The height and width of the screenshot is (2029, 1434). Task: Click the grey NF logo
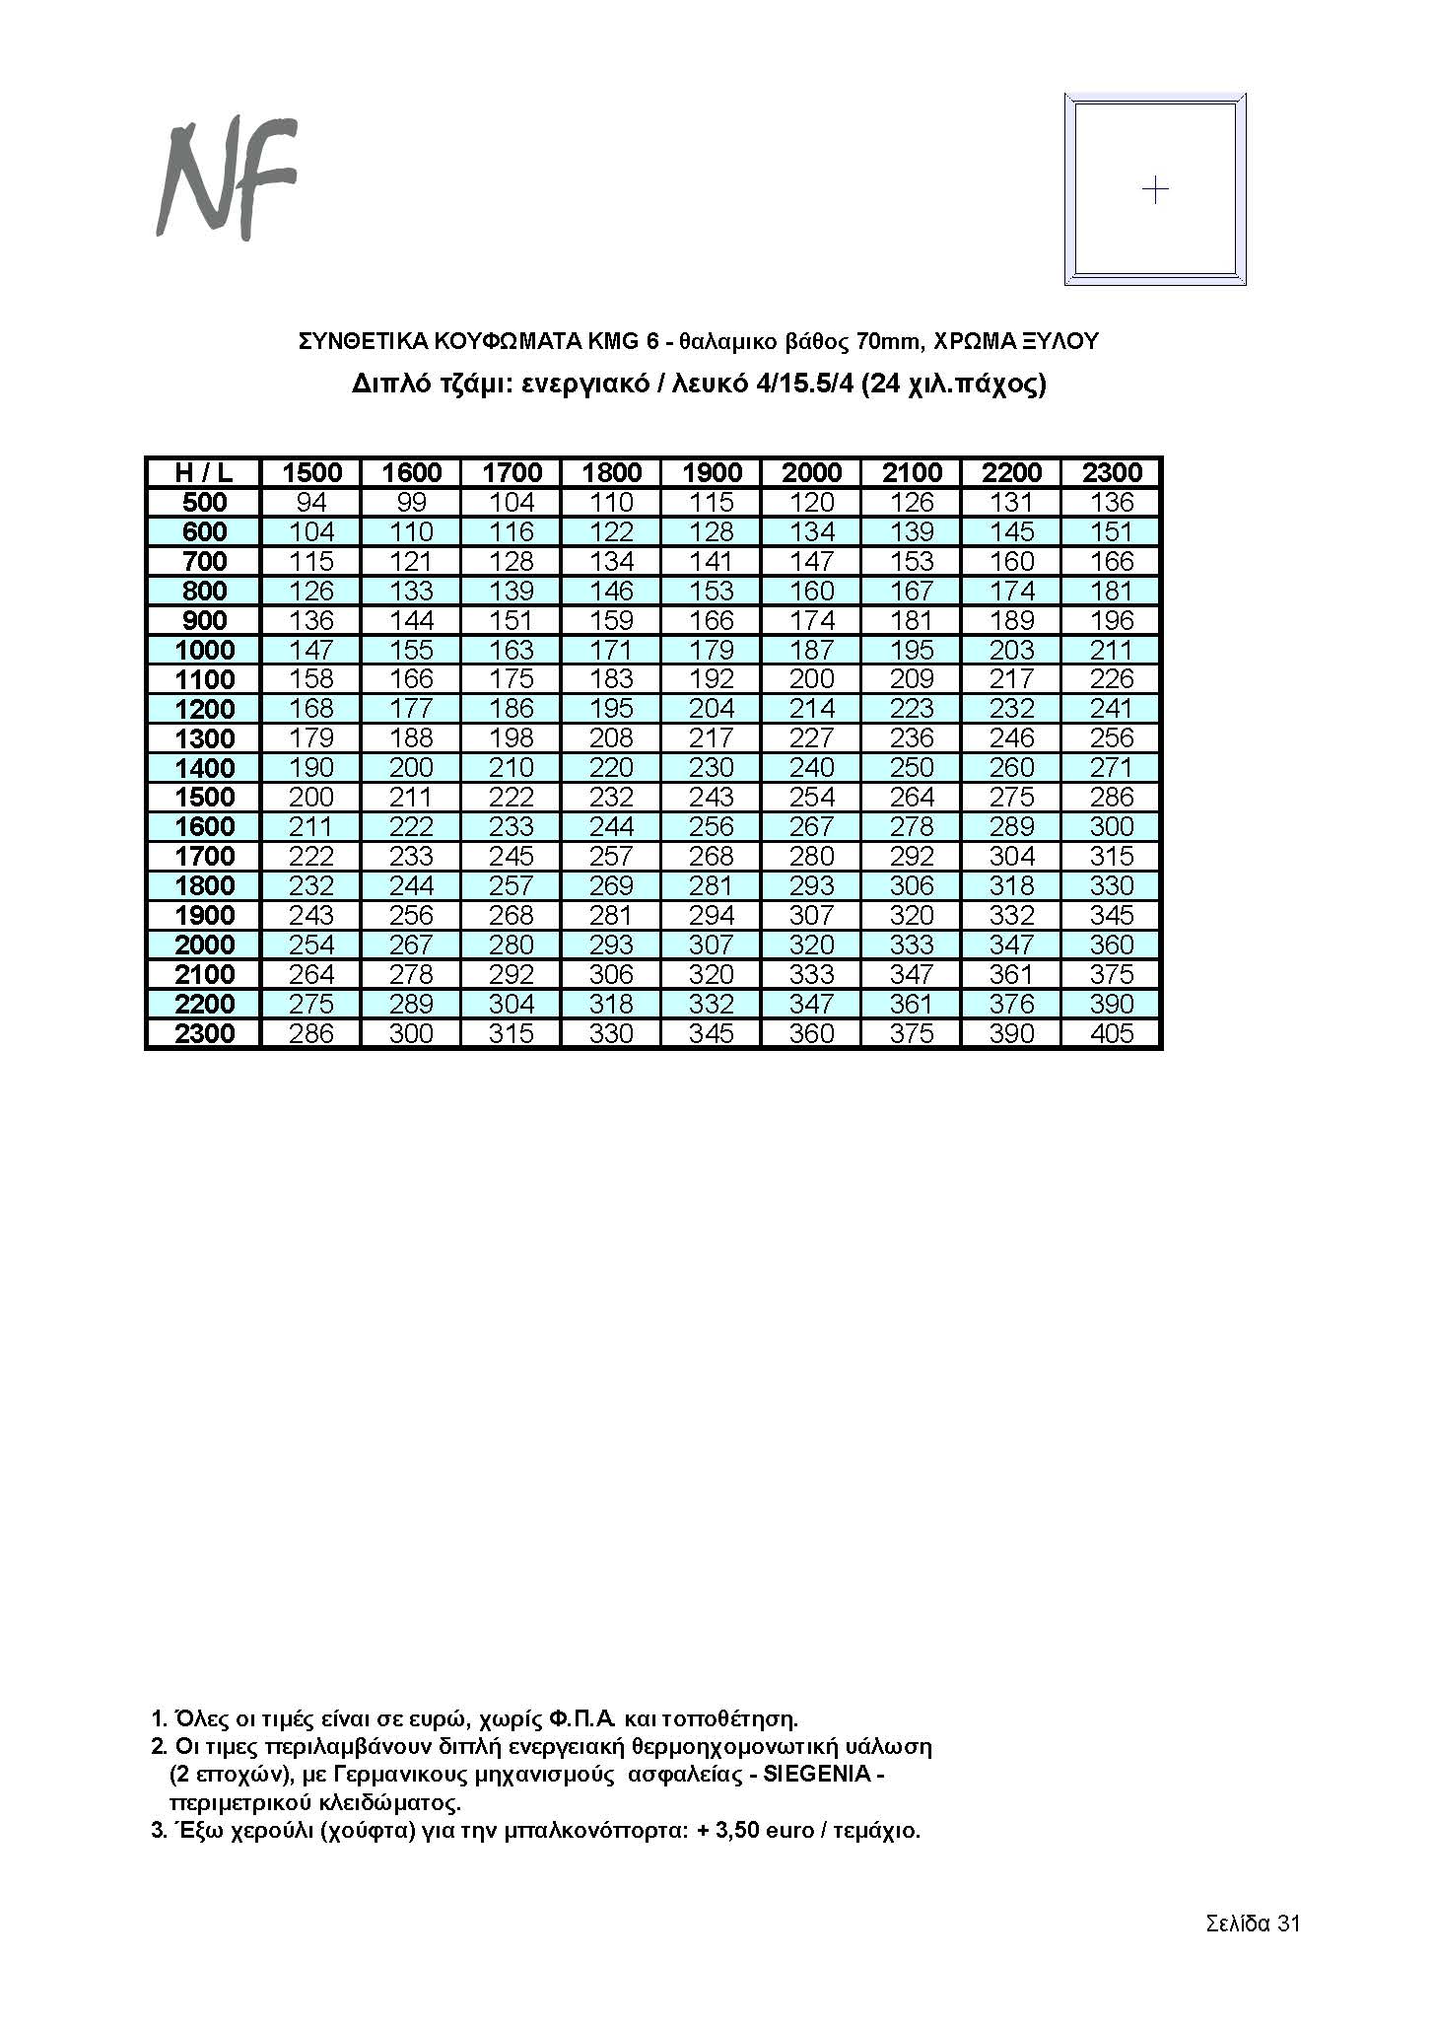[227, 179]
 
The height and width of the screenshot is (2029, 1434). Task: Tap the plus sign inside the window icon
[1154, 188]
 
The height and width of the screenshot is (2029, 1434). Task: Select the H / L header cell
[204, 472]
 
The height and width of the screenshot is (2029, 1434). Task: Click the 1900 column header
[712, 472]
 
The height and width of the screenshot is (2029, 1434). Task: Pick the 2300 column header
[1112, 472]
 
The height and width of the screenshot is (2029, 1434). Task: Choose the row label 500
[204, 502]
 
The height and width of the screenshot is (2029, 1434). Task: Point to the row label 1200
[204, 709]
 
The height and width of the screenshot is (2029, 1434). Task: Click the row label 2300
[204, 1033]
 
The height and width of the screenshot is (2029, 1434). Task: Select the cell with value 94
[311, 502]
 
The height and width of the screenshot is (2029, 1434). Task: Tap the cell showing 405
[1112, 1033]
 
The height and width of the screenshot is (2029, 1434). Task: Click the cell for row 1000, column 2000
[811, 650]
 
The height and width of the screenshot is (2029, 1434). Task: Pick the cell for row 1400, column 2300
[1112, 768]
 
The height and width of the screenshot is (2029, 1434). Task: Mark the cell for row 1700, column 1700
[512, 856]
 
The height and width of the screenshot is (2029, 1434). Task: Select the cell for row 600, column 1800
[611, 531]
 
